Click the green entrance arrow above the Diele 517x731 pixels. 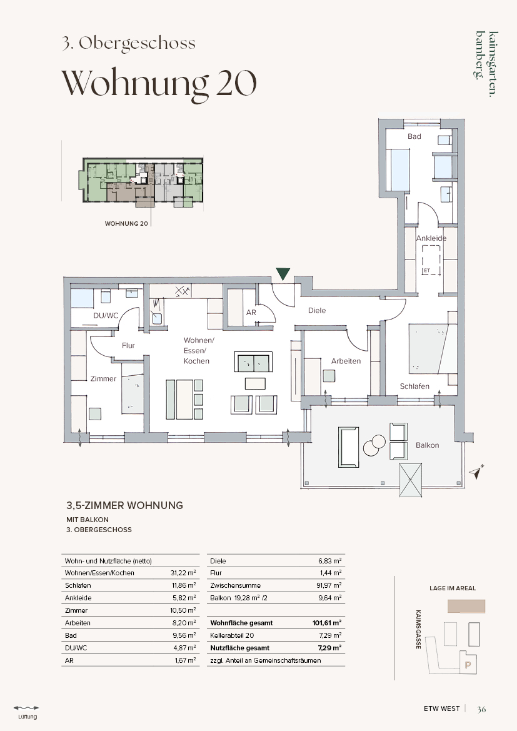(283, 274)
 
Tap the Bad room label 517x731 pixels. (414, 136)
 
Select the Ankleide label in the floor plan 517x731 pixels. (431, 238)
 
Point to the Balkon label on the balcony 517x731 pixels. (427, 445)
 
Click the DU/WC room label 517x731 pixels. (106, 316)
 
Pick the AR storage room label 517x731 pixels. (251, 313)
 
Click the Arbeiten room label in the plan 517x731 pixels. (346, 361)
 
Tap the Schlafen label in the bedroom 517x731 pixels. (414, 386)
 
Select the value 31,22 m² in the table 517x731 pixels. (184, 573)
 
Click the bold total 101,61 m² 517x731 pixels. (327, 623)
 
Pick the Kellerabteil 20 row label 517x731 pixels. (232, 635)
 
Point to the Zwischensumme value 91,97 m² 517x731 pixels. (329, 585)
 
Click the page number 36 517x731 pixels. (481, 709)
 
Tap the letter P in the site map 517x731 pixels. (468, 665)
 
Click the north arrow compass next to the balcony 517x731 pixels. (477, 472)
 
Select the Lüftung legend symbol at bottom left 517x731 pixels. (27, 708)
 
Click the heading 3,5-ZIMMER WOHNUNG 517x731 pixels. (124, 505)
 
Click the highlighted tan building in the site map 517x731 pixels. (466, 606)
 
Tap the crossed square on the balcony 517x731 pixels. (411, 480)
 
